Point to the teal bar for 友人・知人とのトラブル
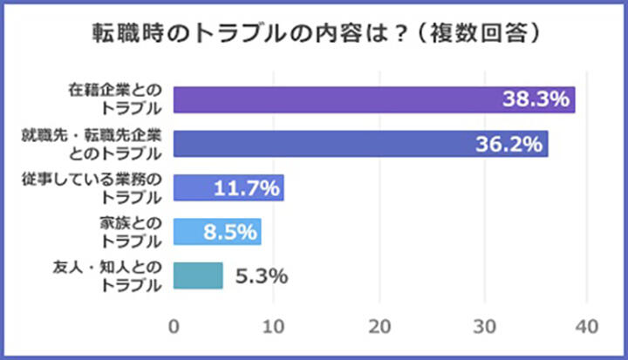click(x=198, y=275)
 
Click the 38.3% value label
click(x=536, y=99)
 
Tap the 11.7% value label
click(x=246, y=187)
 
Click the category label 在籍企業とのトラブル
click(x=115, y=99)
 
